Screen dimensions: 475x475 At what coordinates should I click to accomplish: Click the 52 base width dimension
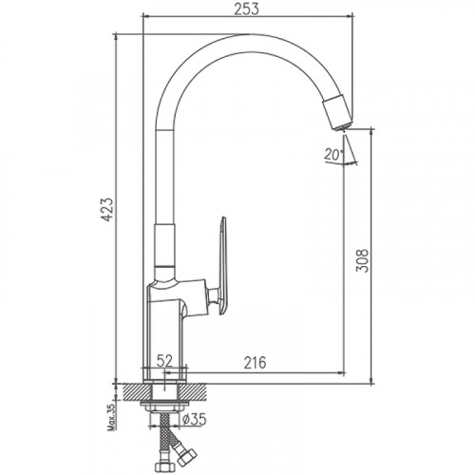coord(162,362)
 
